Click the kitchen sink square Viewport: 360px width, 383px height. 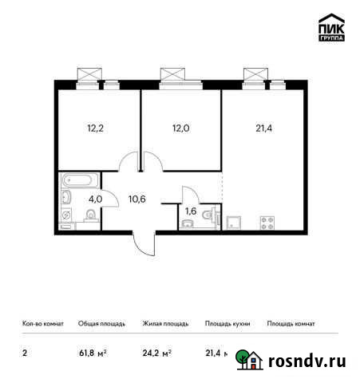point(235,223)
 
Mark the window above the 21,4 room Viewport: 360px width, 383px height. point(258,74)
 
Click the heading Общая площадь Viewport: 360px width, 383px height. point(100,324)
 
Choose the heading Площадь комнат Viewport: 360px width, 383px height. point(291,324)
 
